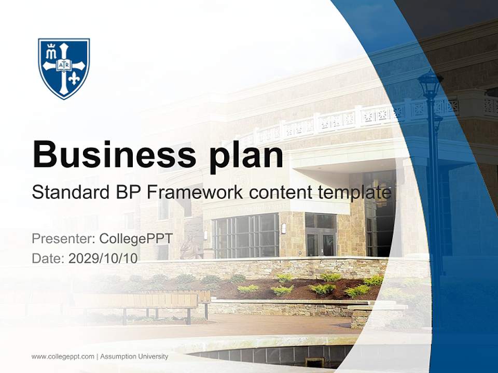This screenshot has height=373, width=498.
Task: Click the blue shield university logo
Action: click(64, 68)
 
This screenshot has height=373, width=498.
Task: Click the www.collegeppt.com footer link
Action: click(63, 356)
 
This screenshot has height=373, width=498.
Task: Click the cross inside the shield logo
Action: click(64, 66)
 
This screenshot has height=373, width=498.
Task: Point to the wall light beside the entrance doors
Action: click(284, 228)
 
